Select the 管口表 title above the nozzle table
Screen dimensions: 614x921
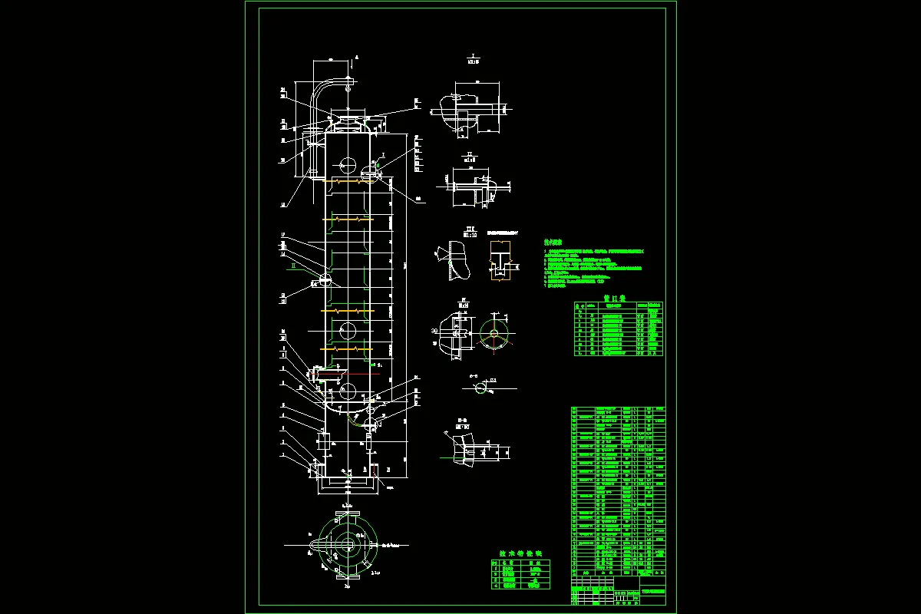(615, 295)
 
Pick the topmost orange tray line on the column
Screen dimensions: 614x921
(348, 182)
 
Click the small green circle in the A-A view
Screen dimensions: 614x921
(480, 388)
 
